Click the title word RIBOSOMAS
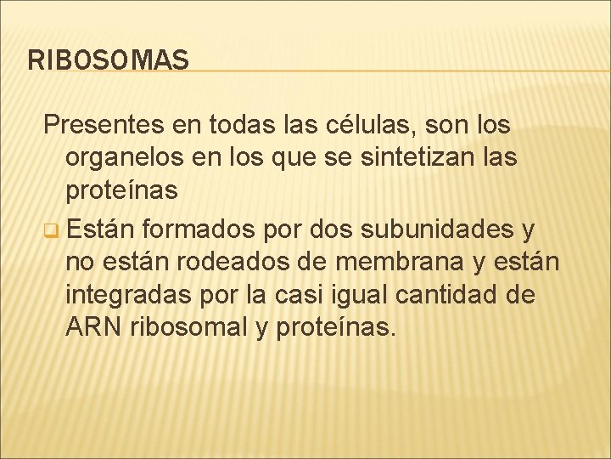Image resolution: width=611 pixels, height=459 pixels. (x=109, y=59)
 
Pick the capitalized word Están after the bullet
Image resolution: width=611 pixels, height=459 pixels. (x=101, y=228)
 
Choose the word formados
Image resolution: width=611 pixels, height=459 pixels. (x=199, y=228)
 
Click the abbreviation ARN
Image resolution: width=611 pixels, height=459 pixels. (x=94, y=328)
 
